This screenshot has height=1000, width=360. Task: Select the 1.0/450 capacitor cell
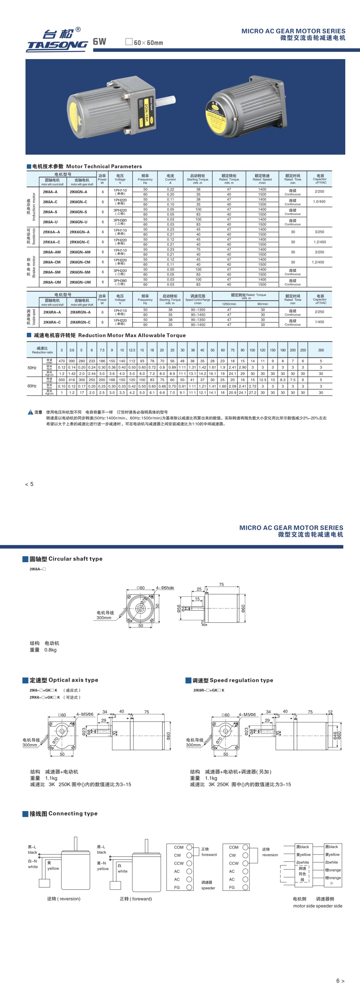pyautogui.click(x=319, y=201)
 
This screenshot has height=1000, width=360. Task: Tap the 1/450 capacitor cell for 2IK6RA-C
pyautogui.click(x=319, y=322)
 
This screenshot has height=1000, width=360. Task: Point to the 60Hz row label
pyautogui.click(x=32, y=386)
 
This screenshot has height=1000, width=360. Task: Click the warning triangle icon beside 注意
pyautogui.click(x=30, y=412)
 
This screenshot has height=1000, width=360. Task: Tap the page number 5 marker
pyautogui.click(x=29, y=484)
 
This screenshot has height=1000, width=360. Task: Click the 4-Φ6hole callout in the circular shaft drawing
pyautogui.click(x=165, y=588)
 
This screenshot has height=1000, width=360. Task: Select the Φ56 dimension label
pyautogui.click(x=178, y=608)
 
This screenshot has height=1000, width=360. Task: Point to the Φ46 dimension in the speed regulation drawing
pyautogui.click(x=335, y=735)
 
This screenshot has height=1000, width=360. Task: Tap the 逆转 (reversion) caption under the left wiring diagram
pyautogui.click(x=64, y=899)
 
